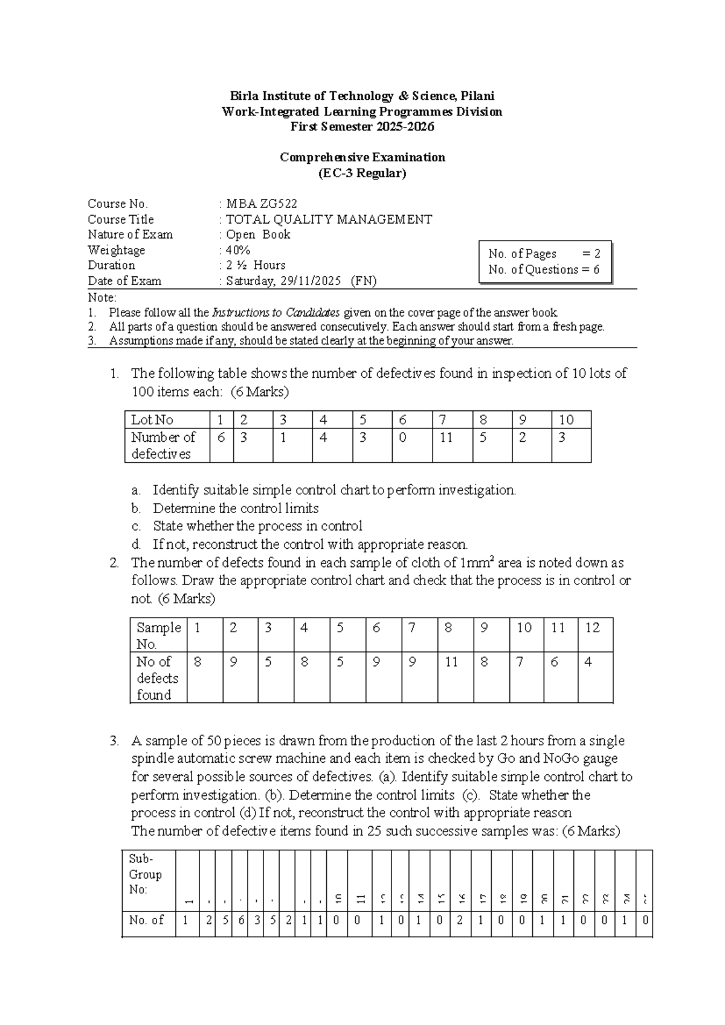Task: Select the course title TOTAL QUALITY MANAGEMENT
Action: (x=329, y=219)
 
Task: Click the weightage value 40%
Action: (x=238, y=250)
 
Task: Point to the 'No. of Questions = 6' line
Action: (x=544, y=270)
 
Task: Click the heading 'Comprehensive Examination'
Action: (x=362, y=157)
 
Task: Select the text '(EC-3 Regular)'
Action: (x=362, y=173)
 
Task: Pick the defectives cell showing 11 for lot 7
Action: (x=446, y=438)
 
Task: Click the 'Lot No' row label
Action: (x=152, y=419)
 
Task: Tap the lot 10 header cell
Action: (x=566, y=419)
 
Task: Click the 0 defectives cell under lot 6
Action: (x=402, y=438)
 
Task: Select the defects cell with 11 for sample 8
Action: (x=451, y=662)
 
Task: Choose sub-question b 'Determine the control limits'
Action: (x=236, y=508)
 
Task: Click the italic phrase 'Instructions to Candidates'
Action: (x=276, y=312)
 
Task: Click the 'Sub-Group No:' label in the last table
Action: (x=145, y=874)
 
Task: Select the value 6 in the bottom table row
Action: (x=240, y=920)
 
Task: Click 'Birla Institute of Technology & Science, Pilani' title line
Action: (x=362, y=96)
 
